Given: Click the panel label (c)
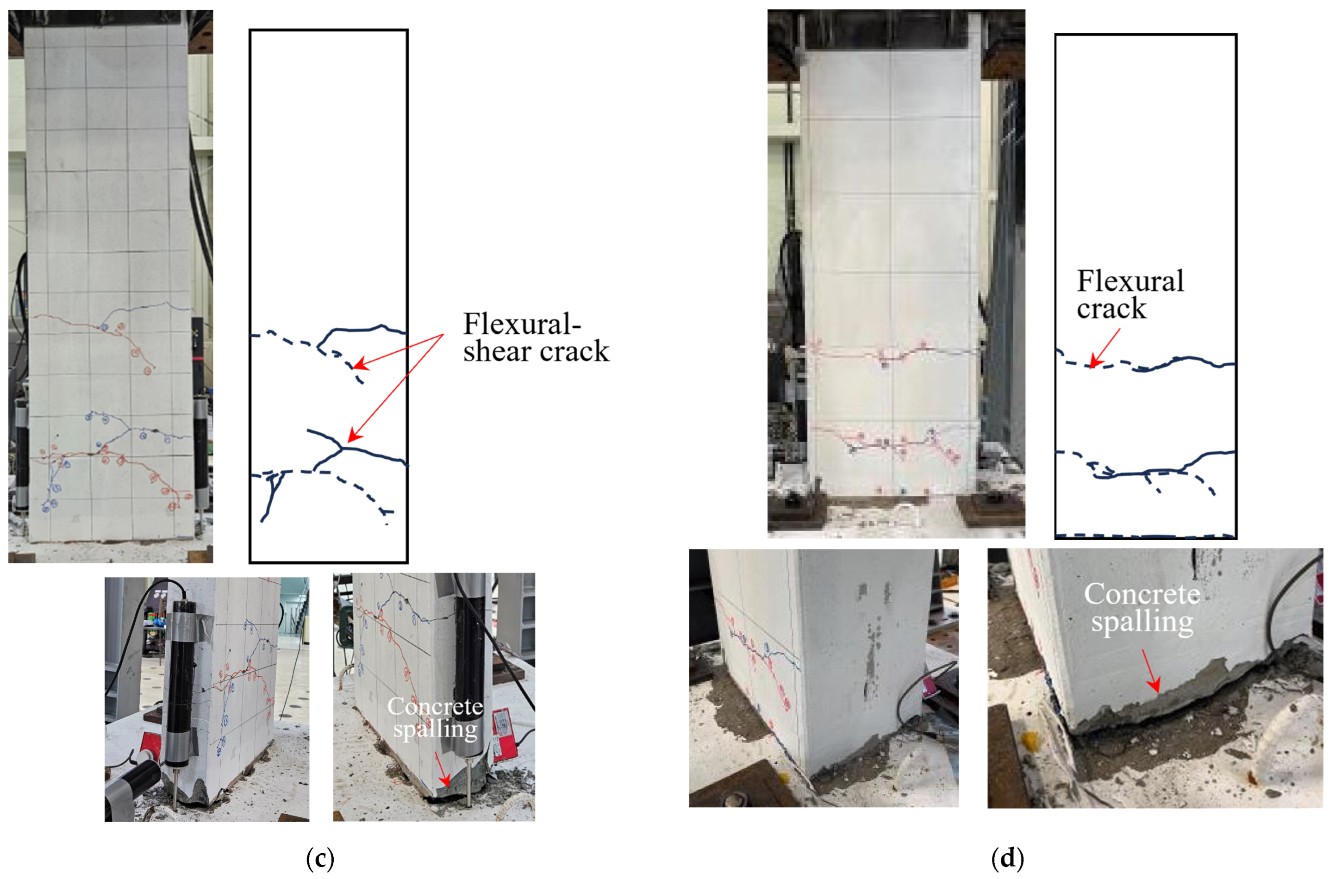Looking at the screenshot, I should coord(320,858).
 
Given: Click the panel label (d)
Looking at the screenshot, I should coord(1007,858).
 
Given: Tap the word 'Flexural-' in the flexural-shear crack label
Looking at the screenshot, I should coord(522,324).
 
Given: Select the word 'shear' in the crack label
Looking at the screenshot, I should coord(497,351).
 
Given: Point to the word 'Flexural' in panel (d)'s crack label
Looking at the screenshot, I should coord(1130,281).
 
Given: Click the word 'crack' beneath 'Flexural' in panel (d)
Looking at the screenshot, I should coord(1111,308).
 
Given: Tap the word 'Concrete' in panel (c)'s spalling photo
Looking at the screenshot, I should coord(435,706).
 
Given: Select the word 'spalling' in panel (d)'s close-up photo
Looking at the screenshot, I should coord(1142,622).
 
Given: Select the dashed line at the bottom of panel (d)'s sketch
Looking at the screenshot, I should coord(1145,536).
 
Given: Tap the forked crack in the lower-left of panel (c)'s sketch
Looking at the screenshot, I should coord(272,493).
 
